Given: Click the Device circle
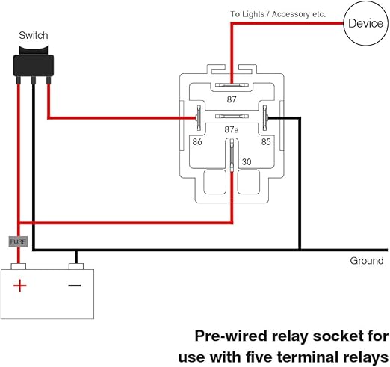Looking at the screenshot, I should click(x=366, y=24).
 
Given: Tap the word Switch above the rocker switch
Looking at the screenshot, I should click(x=34, y=35).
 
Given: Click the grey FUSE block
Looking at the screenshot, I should click(x=19, y=241).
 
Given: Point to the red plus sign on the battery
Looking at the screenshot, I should click(x=20, y=286).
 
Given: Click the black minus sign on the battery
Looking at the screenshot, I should click(x=74, y=286).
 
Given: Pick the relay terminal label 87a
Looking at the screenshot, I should click(x=232, y=129).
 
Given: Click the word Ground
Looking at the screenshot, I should click(x=367, y=261).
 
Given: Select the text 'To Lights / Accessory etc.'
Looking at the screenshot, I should click(x=278, y=14).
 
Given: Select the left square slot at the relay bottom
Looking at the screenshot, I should click(x=215, y=181).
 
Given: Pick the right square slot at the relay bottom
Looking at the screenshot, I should click(x=248, y=181).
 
